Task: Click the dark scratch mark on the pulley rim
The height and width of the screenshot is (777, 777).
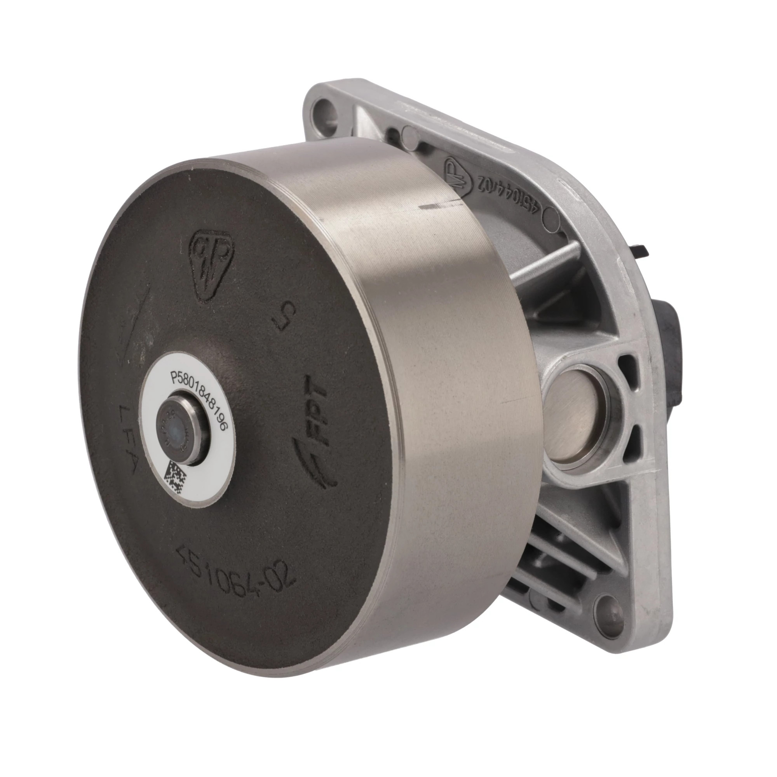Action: pyautogui.click(x=431, y=207)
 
